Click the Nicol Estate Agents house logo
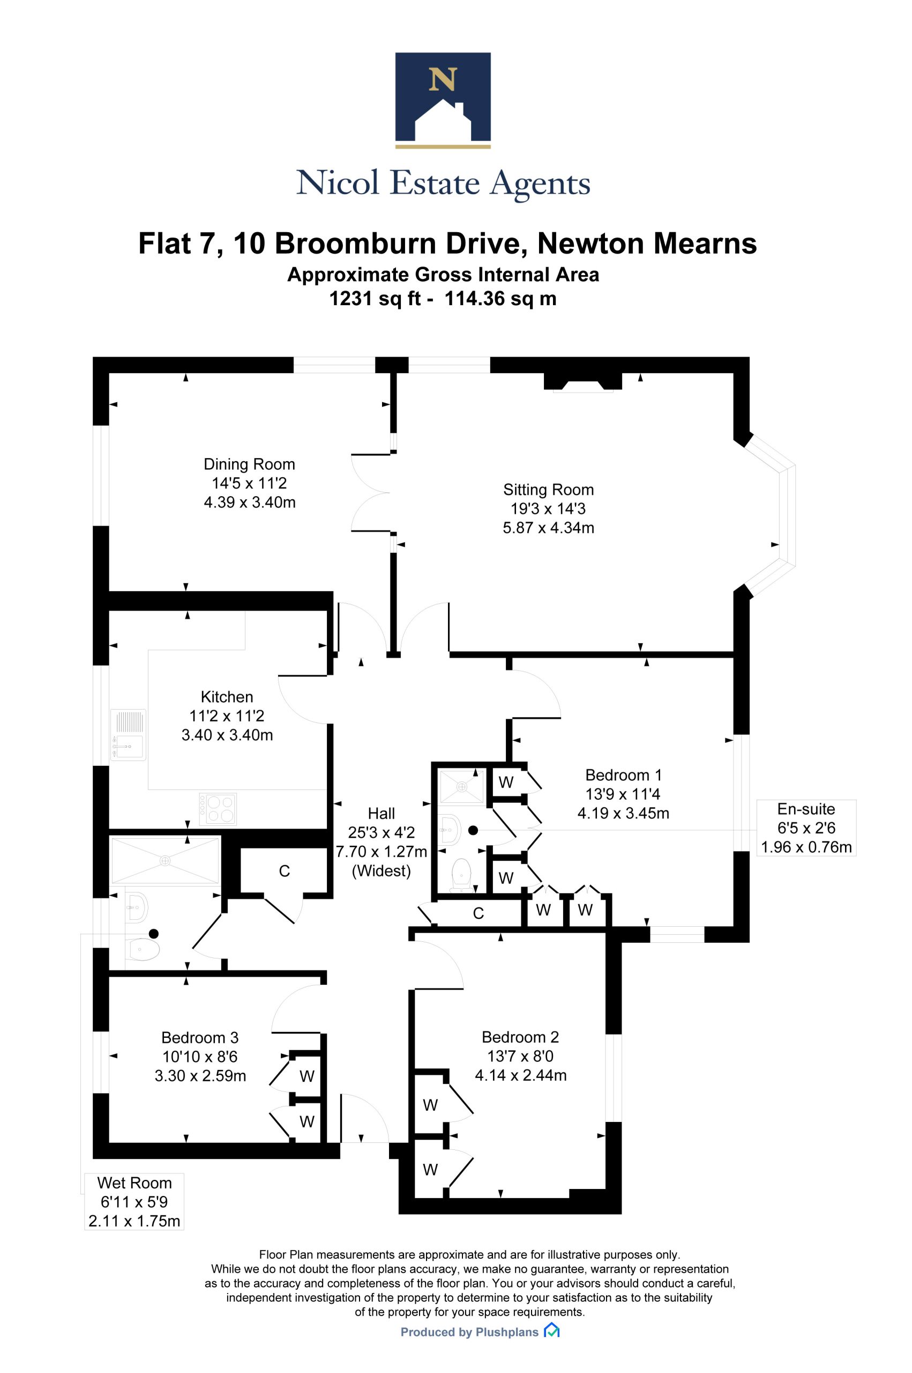coord(443,100)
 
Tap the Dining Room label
coord(250,464)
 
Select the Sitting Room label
coord(549,490)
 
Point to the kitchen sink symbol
coord(129,735)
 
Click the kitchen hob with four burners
coord(218,809)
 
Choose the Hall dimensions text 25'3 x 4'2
coord(381,832)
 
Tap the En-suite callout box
coord(806,828)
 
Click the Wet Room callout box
coord(134,1202)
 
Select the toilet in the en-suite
coord(462,874)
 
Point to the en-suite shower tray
coord(462,787)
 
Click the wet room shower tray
coord(166,860)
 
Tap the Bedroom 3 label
coord(200,1038)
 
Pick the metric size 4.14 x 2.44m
coord(520,1075)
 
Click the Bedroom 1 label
coord(624,775)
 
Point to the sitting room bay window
coord(771,515)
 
